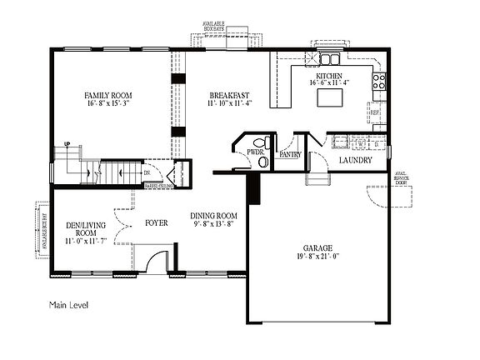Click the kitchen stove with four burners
coord(378,82)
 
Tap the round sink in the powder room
coord(265,162)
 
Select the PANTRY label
coord(290,154)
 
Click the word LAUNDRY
coord(354,160)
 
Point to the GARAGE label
coord(318,248)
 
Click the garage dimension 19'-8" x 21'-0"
coord(318,257)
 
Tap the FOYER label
coord(157,222)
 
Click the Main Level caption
coord(69,305)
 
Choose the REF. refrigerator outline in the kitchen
coord(375,112)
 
